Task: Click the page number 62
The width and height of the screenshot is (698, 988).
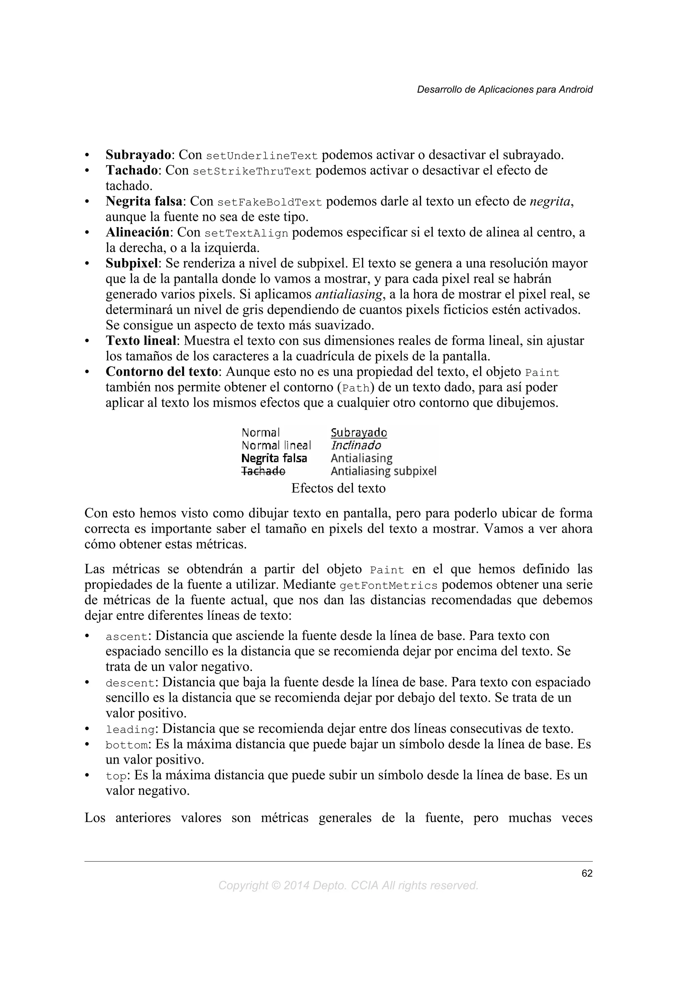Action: pos(587,873)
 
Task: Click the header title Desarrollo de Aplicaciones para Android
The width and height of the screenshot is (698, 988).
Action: pos(504,90)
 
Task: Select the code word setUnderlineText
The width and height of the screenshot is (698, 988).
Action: pos(262,156)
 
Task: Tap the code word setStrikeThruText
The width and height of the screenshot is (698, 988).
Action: pos(252,171)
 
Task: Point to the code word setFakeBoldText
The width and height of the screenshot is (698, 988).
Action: pos(270,202)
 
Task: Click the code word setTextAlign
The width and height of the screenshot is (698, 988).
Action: pos(246,234)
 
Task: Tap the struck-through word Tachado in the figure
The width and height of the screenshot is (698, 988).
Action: pos(263,471)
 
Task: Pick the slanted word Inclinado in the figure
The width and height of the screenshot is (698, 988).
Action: pos(356,445)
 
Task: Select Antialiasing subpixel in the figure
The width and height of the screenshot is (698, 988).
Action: pos(383,471)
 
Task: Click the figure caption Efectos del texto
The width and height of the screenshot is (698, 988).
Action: pos(338,489)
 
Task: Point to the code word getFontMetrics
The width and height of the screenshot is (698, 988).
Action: pos(388,586)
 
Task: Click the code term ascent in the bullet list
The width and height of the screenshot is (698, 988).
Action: pos(126,637)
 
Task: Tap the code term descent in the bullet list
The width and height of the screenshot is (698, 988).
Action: pos(130,683)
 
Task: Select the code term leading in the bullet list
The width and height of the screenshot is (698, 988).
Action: pos(130,730)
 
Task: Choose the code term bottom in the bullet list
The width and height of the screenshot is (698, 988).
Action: pos(126,745)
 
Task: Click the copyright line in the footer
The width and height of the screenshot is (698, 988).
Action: pos(348,886)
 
